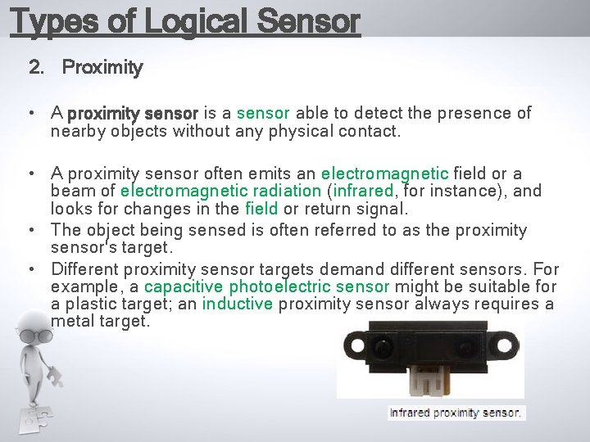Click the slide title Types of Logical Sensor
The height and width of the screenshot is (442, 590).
pyautogui.click(x=184, y=21)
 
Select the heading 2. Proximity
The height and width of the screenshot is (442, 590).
pyautogui.click(x=86, y=68)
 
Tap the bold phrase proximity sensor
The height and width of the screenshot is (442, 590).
pyautogui.click(x=133, y=113)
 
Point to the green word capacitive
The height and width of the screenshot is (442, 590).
pyautogui.click(x=184, y=286)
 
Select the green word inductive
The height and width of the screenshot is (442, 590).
pyautogui.click(x=238, y=304)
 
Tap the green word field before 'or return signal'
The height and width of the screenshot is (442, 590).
pyautogui.click(x=261, y=210)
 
